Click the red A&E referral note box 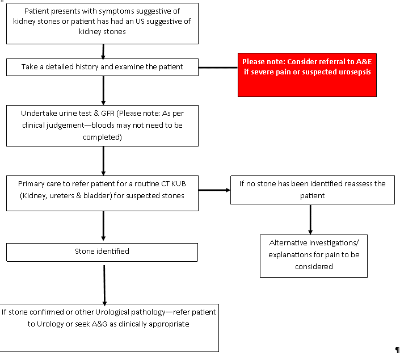(x=307, y=75)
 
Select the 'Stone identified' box (x=102, y=252)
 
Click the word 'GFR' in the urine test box (x=108, y=113)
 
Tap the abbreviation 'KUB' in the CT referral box (x=178, y=184)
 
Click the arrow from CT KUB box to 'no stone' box (x=214, y=190)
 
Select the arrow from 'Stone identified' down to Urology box (x=104, y=286)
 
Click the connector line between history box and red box (x=218, y=68)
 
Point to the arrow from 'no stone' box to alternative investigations (x=310, y=220)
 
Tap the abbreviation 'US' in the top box (x=140, y=21)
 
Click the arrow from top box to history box (x=103, y=52)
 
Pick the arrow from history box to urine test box (x=103, y=90)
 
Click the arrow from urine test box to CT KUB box (x=103, y=161)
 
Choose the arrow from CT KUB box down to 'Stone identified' (x=103, y=225)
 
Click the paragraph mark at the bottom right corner (x=397, y=350)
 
